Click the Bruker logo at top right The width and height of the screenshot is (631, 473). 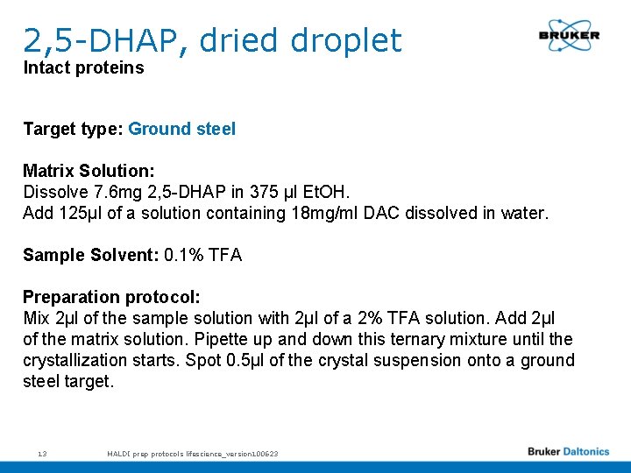pos(569,35)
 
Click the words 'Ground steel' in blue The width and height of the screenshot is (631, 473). pos(181,129)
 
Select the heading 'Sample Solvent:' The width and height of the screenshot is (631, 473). pos(90,255)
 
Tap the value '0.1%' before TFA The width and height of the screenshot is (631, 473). pos(183,255)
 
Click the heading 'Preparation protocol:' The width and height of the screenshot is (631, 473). pos(111,297)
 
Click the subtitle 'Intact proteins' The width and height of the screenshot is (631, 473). pos(83,68)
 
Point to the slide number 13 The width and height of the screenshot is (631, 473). pos(42,454)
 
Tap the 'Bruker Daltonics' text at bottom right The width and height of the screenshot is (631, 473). pos(568,452)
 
